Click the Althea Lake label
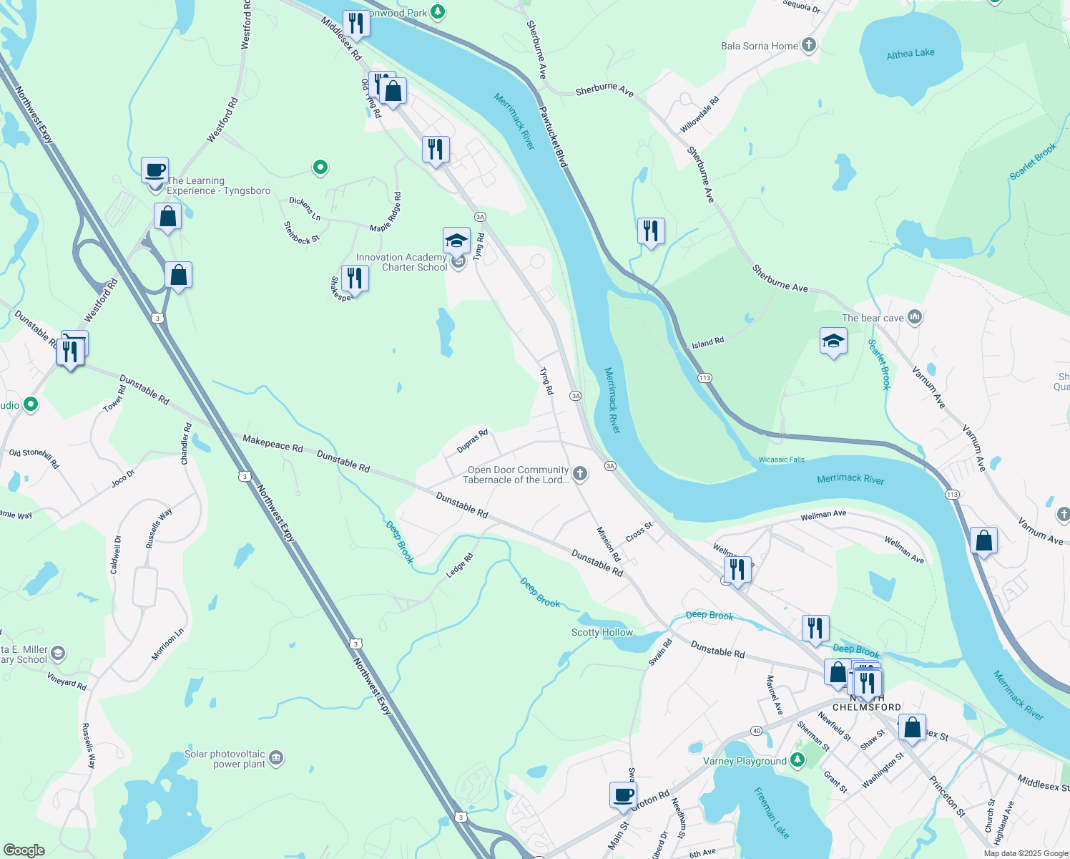click(x=910, y=54)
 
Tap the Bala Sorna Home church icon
click(x=809, y=46)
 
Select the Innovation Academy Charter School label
click(x=402, y=262)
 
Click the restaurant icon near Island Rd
click(x=651, y=232)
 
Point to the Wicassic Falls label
click(x=781, y=460)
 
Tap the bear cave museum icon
click(x=914, y=317)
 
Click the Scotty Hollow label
click(x=602, y=632)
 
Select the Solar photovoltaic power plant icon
click(x=276, y=758)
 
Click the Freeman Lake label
click(x=771, y=812)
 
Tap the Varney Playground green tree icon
click(x=797, y=761)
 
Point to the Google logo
click(x=24, y=850)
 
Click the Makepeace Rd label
click(x=273, y=443)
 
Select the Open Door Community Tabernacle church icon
click(x=580, y=473)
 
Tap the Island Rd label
click(x=707, y=343)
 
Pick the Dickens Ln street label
click(x=305, y=208)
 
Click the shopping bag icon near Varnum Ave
click(x=983, y=541)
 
